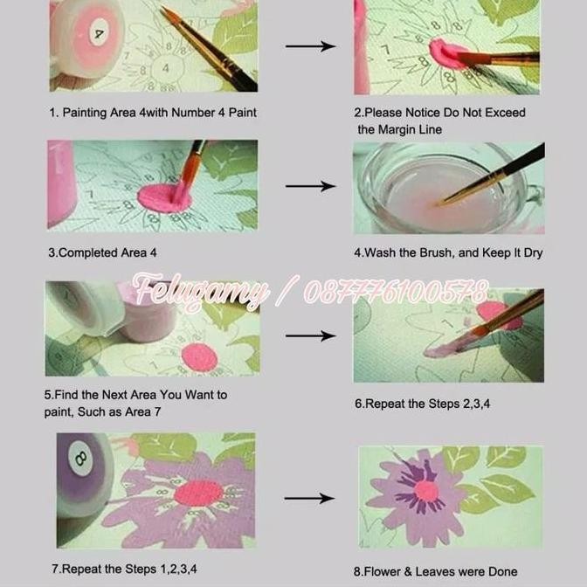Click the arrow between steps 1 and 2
click(310, 46)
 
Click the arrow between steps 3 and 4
click(310, 186)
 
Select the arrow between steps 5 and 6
click(310, 335)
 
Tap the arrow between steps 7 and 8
click(310, 499)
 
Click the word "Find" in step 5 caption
click(72, 395)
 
